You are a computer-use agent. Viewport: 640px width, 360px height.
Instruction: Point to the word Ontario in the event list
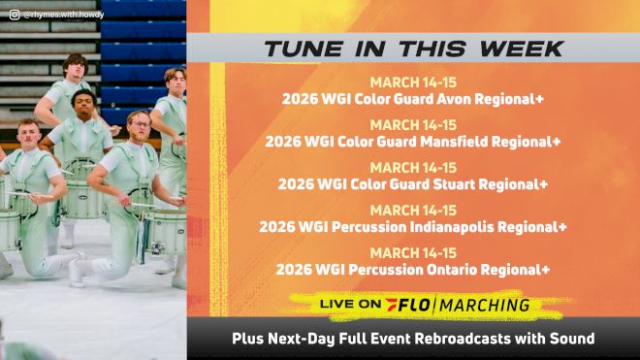coord(464,269)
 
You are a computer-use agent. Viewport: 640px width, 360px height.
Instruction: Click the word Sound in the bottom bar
coord(571,339)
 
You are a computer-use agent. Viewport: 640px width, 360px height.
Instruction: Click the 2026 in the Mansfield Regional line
coord(282,141)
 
